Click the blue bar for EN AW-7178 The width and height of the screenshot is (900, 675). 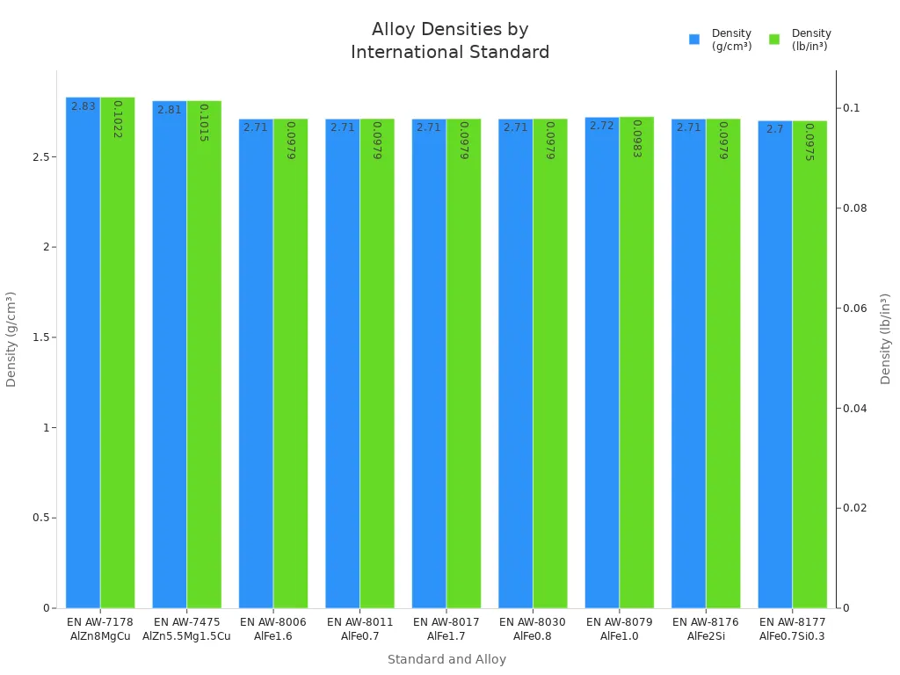[x=83, y=352]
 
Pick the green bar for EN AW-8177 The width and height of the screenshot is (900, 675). [x=809, y=364]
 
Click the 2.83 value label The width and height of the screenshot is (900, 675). [x=83, y=106]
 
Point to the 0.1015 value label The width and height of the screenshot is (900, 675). [x=204, y=122]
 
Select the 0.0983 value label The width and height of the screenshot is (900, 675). [x=636, y=139]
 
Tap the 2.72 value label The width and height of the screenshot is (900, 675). [x=602, y=127]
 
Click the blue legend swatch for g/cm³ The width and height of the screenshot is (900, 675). [x=694, y=40]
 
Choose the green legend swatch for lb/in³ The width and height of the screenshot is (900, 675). [x=774, y=40]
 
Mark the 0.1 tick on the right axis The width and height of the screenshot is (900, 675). [x=850, y=108]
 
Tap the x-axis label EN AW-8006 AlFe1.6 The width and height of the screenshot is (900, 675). [x=273, y=629]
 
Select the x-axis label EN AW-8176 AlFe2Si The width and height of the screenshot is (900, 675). [x=706, y=629]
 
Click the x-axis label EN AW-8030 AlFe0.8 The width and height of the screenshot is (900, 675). [x=533, y=629]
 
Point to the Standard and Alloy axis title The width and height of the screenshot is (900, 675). [x=446, y=659]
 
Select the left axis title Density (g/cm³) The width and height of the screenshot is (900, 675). [x=11, y=338]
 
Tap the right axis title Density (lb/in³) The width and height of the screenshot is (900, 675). [x=886, y=338]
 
